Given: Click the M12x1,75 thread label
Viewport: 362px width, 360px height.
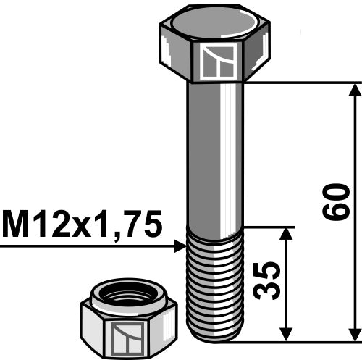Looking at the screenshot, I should (81, 225).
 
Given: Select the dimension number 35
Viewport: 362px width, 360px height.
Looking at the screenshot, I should (267, 281).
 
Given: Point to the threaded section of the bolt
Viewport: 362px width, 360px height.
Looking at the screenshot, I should (216, 282).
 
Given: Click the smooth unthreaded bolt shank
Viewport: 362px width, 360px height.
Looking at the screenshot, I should (216, 152).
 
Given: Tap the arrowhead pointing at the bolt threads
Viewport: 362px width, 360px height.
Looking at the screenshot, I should (180, 247).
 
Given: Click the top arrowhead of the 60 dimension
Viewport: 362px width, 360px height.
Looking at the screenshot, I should (354, 91).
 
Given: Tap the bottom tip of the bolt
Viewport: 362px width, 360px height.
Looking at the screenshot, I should (216, 338).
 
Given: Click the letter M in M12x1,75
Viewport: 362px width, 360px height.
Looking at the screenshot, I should (17, 225).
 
